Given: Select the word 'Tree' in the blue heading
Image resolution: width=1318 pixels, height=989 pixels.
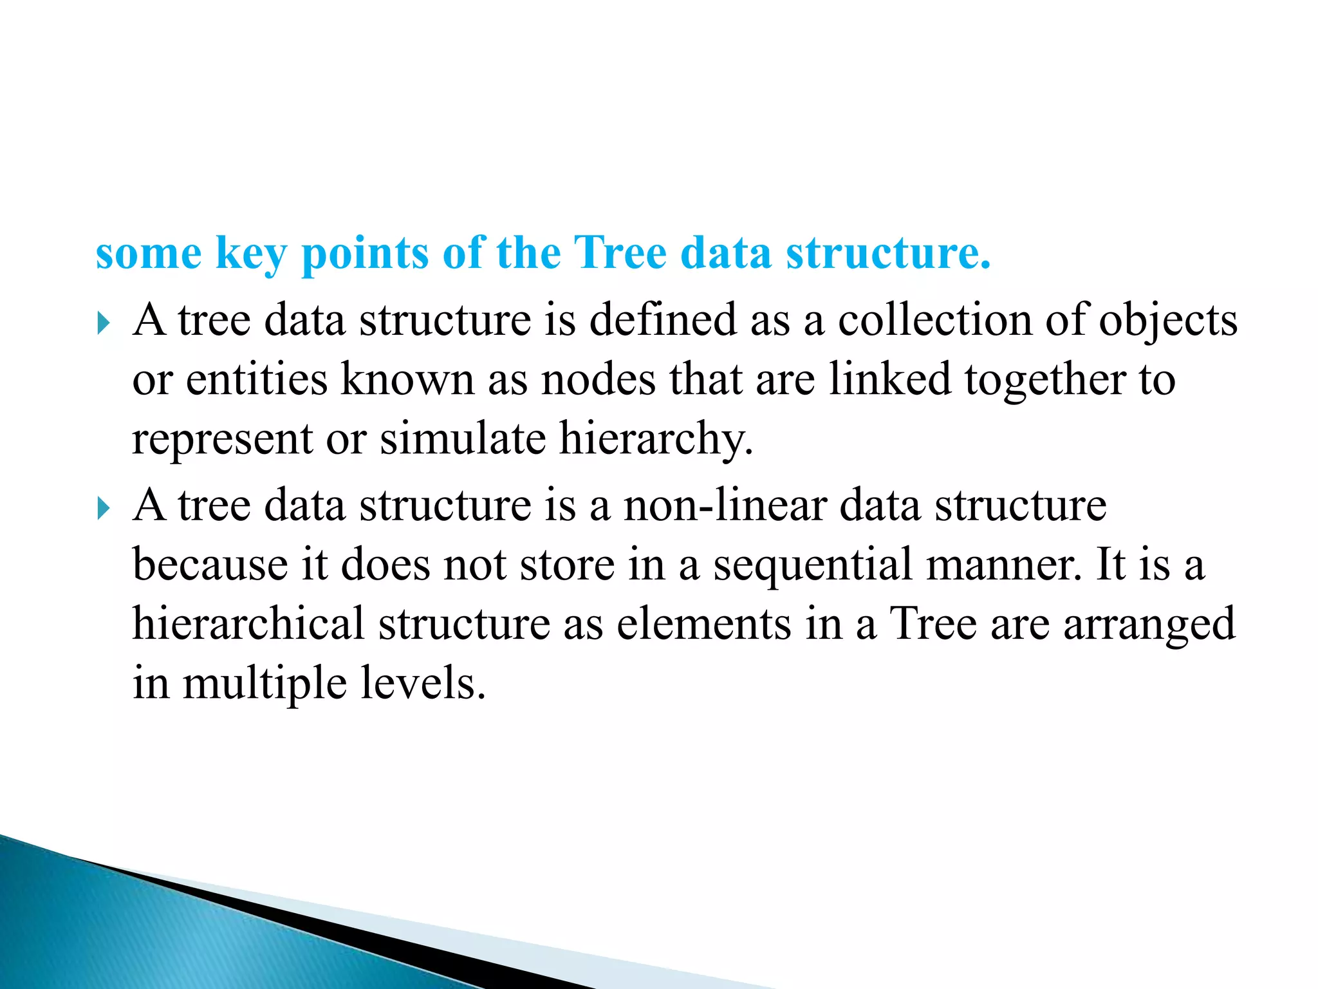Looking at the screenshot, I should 619,252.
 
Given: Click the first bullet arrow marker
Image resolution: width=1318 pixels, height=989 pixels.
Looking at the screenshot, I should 104,323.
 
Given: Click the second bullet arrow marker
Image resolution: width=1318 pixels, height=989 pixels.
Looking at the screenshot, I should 104,508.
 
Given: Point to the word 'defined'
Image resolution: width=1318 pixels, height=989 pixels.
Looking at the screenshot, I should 662,320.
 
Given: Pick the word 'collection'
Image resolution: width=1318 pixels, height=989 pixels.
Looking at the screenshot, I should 934,320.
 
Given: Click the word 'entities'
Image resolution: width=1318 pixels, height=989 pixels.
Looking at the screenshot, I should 257,379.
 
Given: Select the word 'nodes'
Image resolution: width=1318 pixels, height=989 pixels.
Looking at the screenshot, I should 598,379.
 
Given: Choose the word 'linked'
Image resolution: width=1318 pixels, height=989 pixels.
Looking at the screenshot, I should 889,379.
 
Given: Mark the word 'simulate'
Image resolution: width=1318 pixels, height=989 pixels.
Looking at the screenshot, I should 463,438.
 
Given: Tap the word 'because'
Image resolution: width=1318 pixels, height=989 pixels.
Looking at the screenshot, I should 210,565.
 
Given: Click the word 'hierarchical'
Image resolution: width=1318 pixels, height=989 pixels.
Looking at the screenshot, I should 248,624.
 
